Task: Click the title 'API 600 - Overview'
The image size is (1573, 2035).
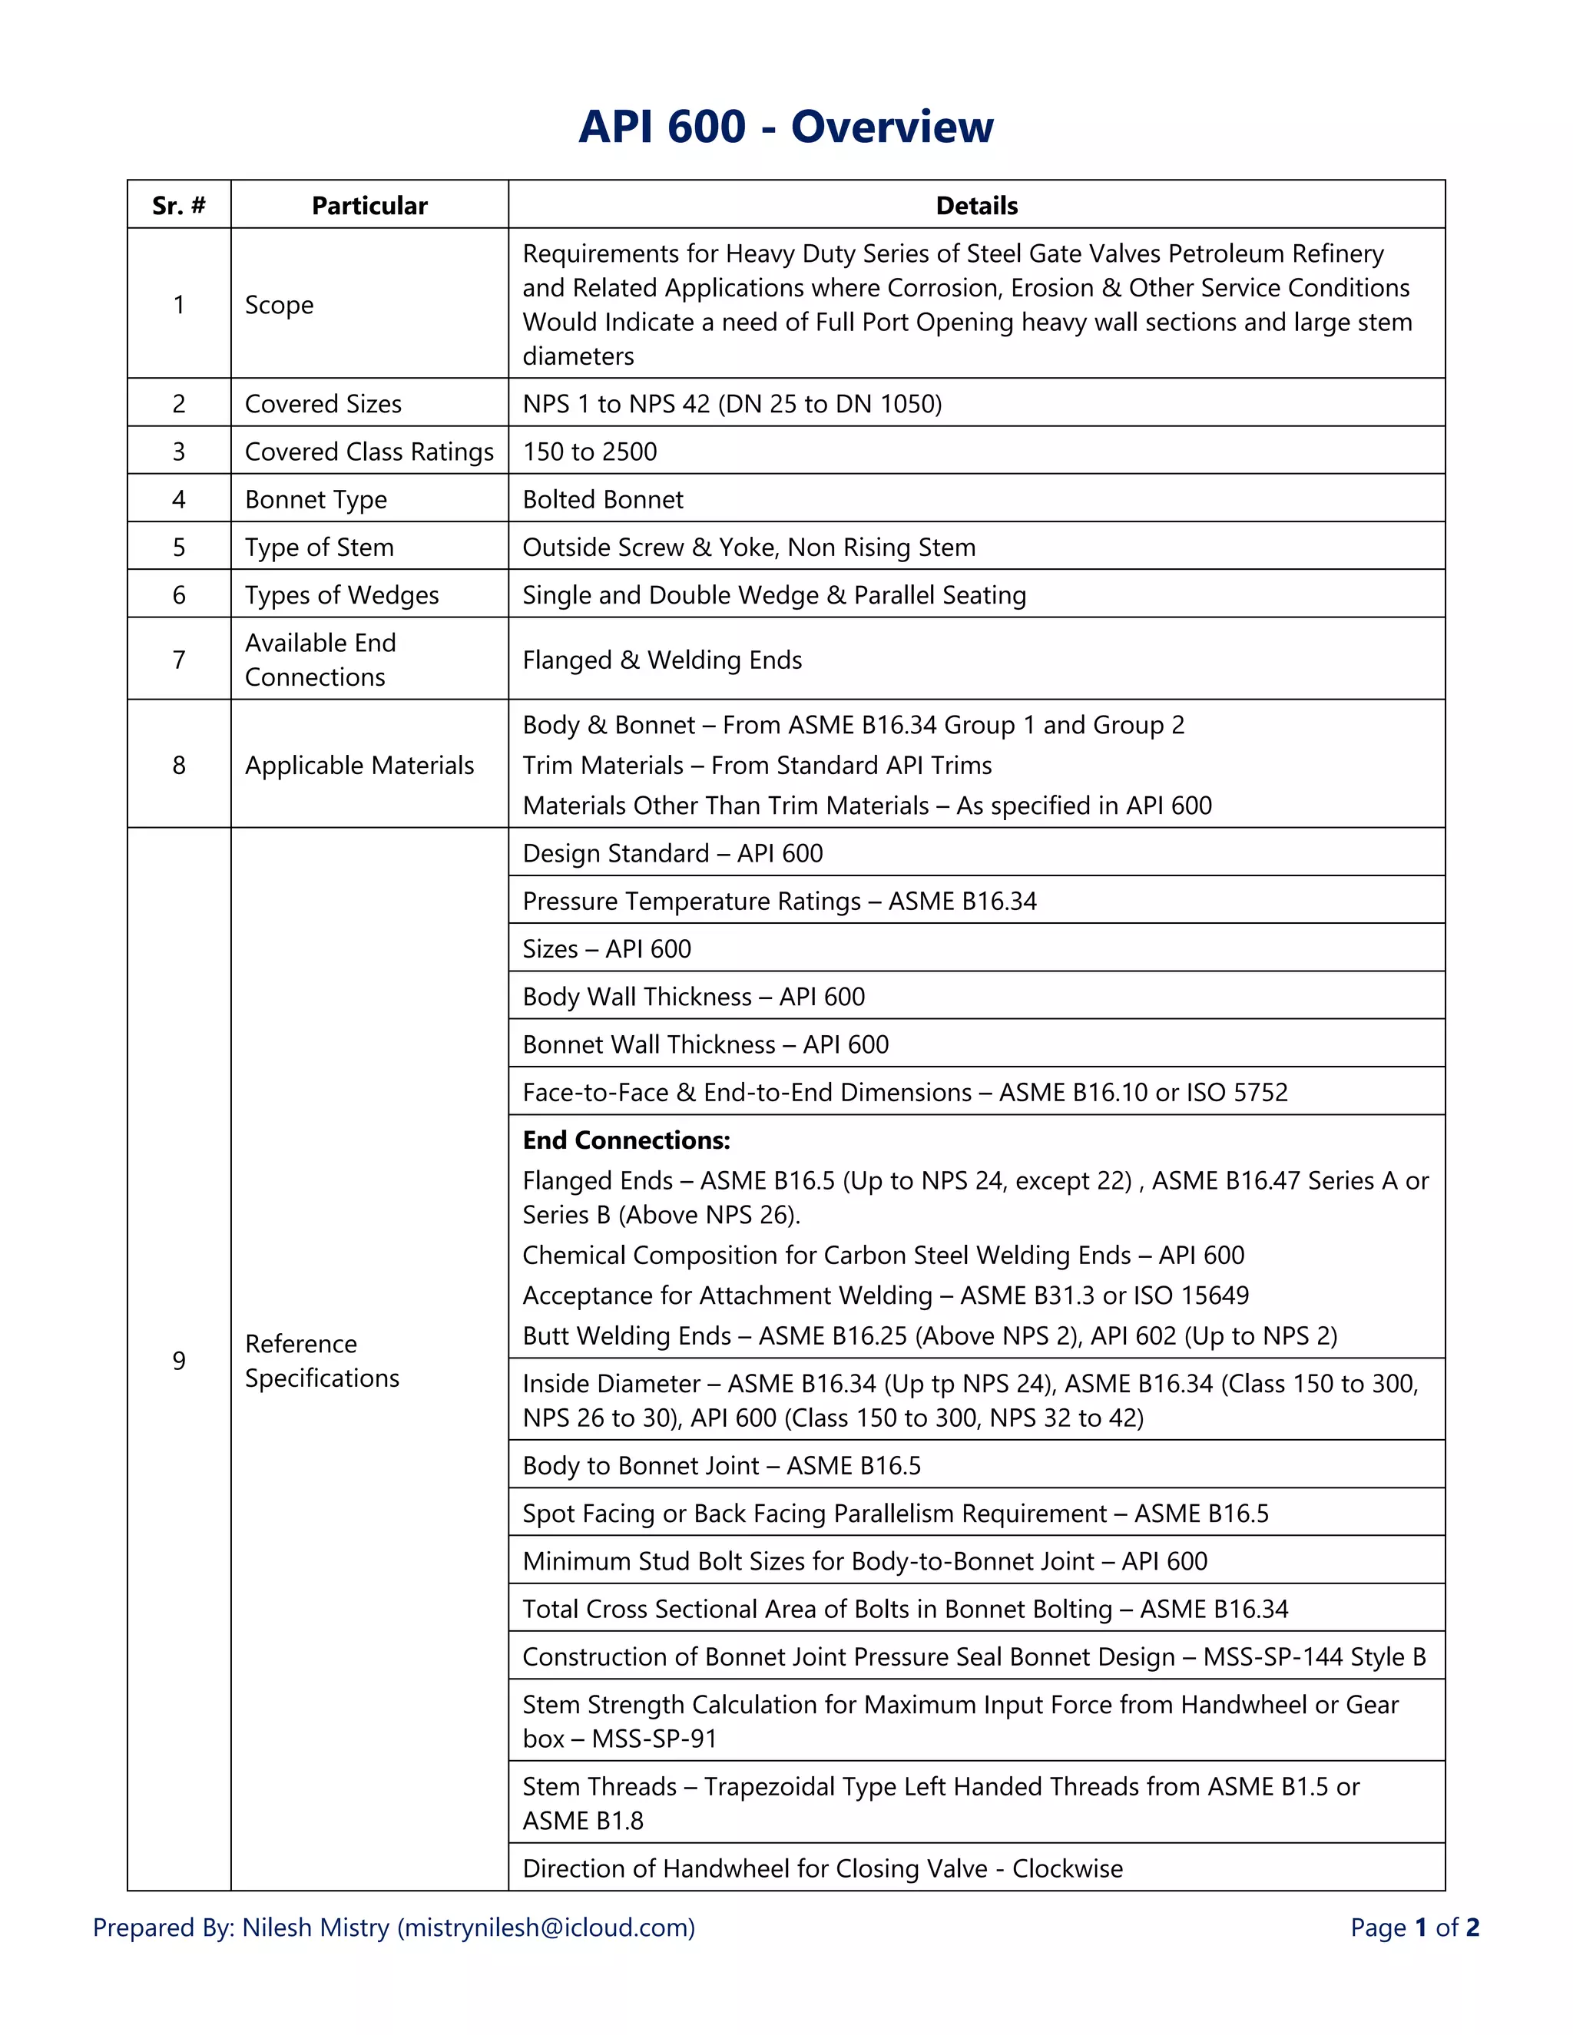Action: click(786, 127)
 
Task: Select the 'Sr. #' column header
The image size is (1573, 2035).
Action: click(179, 205)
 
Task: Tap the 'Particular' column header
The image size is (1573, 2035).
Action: click(369, 205)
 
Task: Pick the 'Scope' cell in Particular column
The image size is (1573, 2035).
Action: click(279, 305)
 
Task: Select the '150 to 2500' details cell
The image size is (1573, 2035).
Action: click(589, 451)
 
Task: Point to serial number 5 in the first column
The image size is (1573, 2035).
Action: click(179, 547)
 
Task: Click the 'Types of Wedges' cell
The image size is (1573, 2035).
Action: click(341, 594)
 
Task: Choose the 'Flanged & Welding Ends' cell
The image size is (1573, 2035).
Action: click(661, 660)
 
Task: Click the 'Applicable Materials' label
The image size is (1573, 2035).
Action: click(359, 765)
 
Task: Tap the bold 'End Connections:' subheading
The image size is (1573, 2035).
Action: click(626, 1140)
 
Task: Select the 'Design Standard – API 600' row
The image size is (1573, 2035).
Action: click(672, 852)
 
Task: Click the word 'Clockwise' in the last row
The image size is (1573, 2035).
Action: click(1067, 1868)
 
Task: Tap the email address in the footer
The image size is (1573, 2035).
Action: click(546, 1927)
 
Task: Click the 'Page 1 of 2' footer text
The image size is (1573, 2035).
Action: click(1414, 1927)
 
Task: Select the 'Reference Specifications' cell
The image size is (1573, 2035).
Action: click(322, 1361)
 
